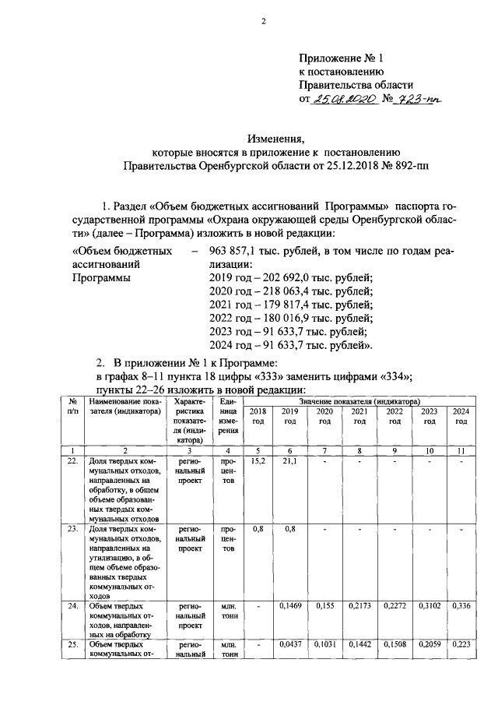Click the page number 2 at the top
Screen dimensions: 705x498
pos(263,22)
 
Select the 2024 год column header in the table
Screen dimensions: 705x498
pos(461,416)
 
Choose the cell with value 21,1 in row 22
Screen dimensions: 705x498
pos(290,461)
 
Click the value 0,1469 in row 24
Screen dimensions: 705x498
pos(290,605)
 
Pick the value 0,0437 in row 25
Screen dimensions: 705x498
pos(290,645)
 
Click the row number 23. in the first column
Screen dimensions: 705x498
pos(72,529)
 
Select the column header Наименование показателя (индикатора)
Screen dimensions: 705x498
pos(124,407)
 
